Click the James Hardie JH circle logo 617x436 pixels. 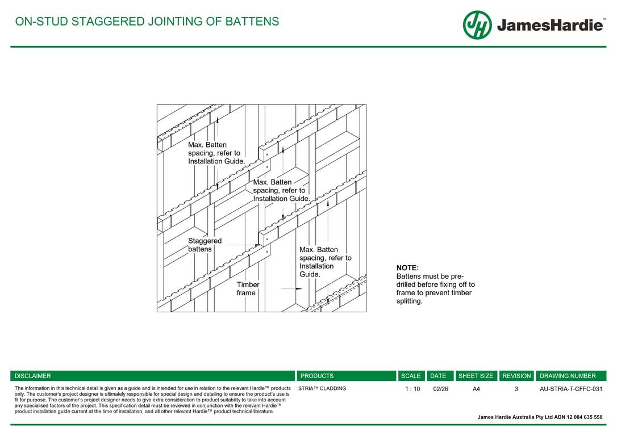[477, 25]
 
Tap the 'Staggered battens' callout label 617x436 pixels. [205, 245]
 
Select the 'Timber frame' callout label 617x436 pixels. [248, 288]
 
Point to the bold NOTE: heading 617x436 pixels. [407, 268]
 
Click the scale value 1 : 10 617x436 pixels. [412, 389]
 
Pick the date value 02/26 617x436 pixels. [440, 389]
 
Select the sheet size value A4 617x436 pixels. [476, 389]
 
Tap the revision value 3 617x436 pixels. [516, 389]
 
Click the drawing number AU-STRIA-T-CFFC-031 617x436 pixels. [571, 389]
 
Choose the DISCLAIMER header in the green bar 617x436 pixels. [32, 376]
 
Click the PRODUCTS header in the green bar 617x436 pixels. [317, 376]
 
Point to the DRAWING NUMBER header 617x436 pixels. [568, 376]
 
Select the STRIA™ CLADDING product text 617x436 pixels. [322, 389]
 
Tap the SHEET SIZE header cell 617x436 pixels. [476, 376]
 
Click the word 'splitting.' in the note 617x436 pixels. [410, 301]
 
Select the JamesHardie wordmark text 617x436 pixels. [550, 26]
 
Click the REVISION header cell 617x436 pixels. [516, 376]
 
